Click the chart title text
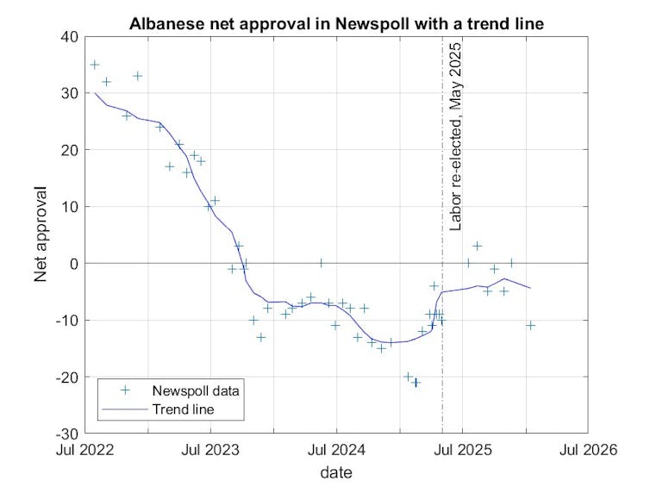[336, 23]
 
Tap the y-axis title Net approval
[41, 234]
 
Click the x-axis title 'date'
[336, 472]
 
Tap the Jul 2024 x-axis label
[337, 449]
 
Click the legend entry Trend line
[183, 409]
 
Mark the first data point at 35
[94, 65]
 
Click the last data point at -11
[531, 325]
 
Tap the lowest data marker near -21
[416, 382]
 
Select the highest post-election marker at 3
[478, 246]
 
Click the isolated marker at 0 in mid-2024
[321, 263]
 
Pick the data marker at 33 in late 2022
[137, 76]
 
